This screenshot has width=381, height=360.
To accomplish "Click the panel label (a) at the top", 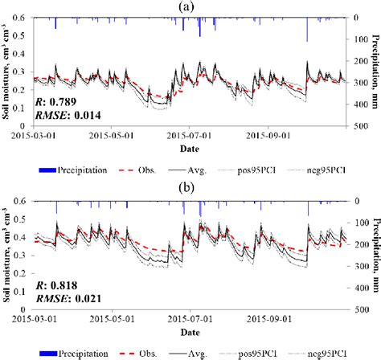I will [x=190, y=6].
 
